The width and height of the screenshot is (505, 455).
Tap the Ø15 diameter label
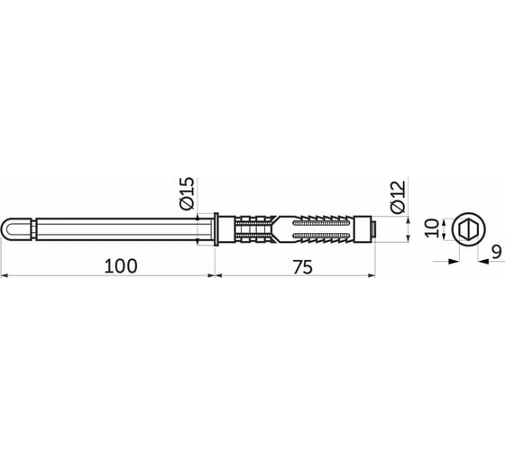click(187, 194)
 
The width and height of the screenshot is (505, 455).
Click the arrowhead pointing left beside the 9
click(484, 262)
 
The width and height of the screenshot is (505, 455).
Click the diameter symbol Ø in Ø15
click(187, 205)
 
